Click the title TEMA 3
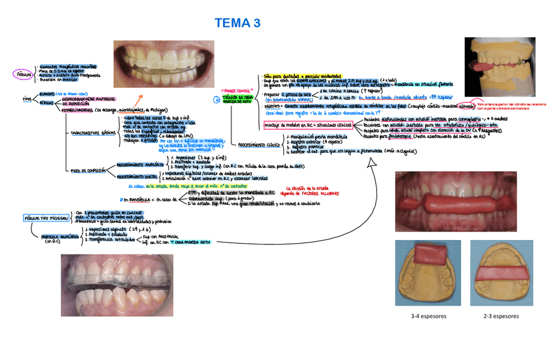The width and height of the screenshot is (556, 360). coord(237,24)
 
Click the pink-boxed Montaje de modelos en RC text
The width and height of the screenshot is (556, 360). coord(309,125)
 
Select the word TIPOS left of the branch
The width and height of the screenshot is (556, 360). coord(27,98)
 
